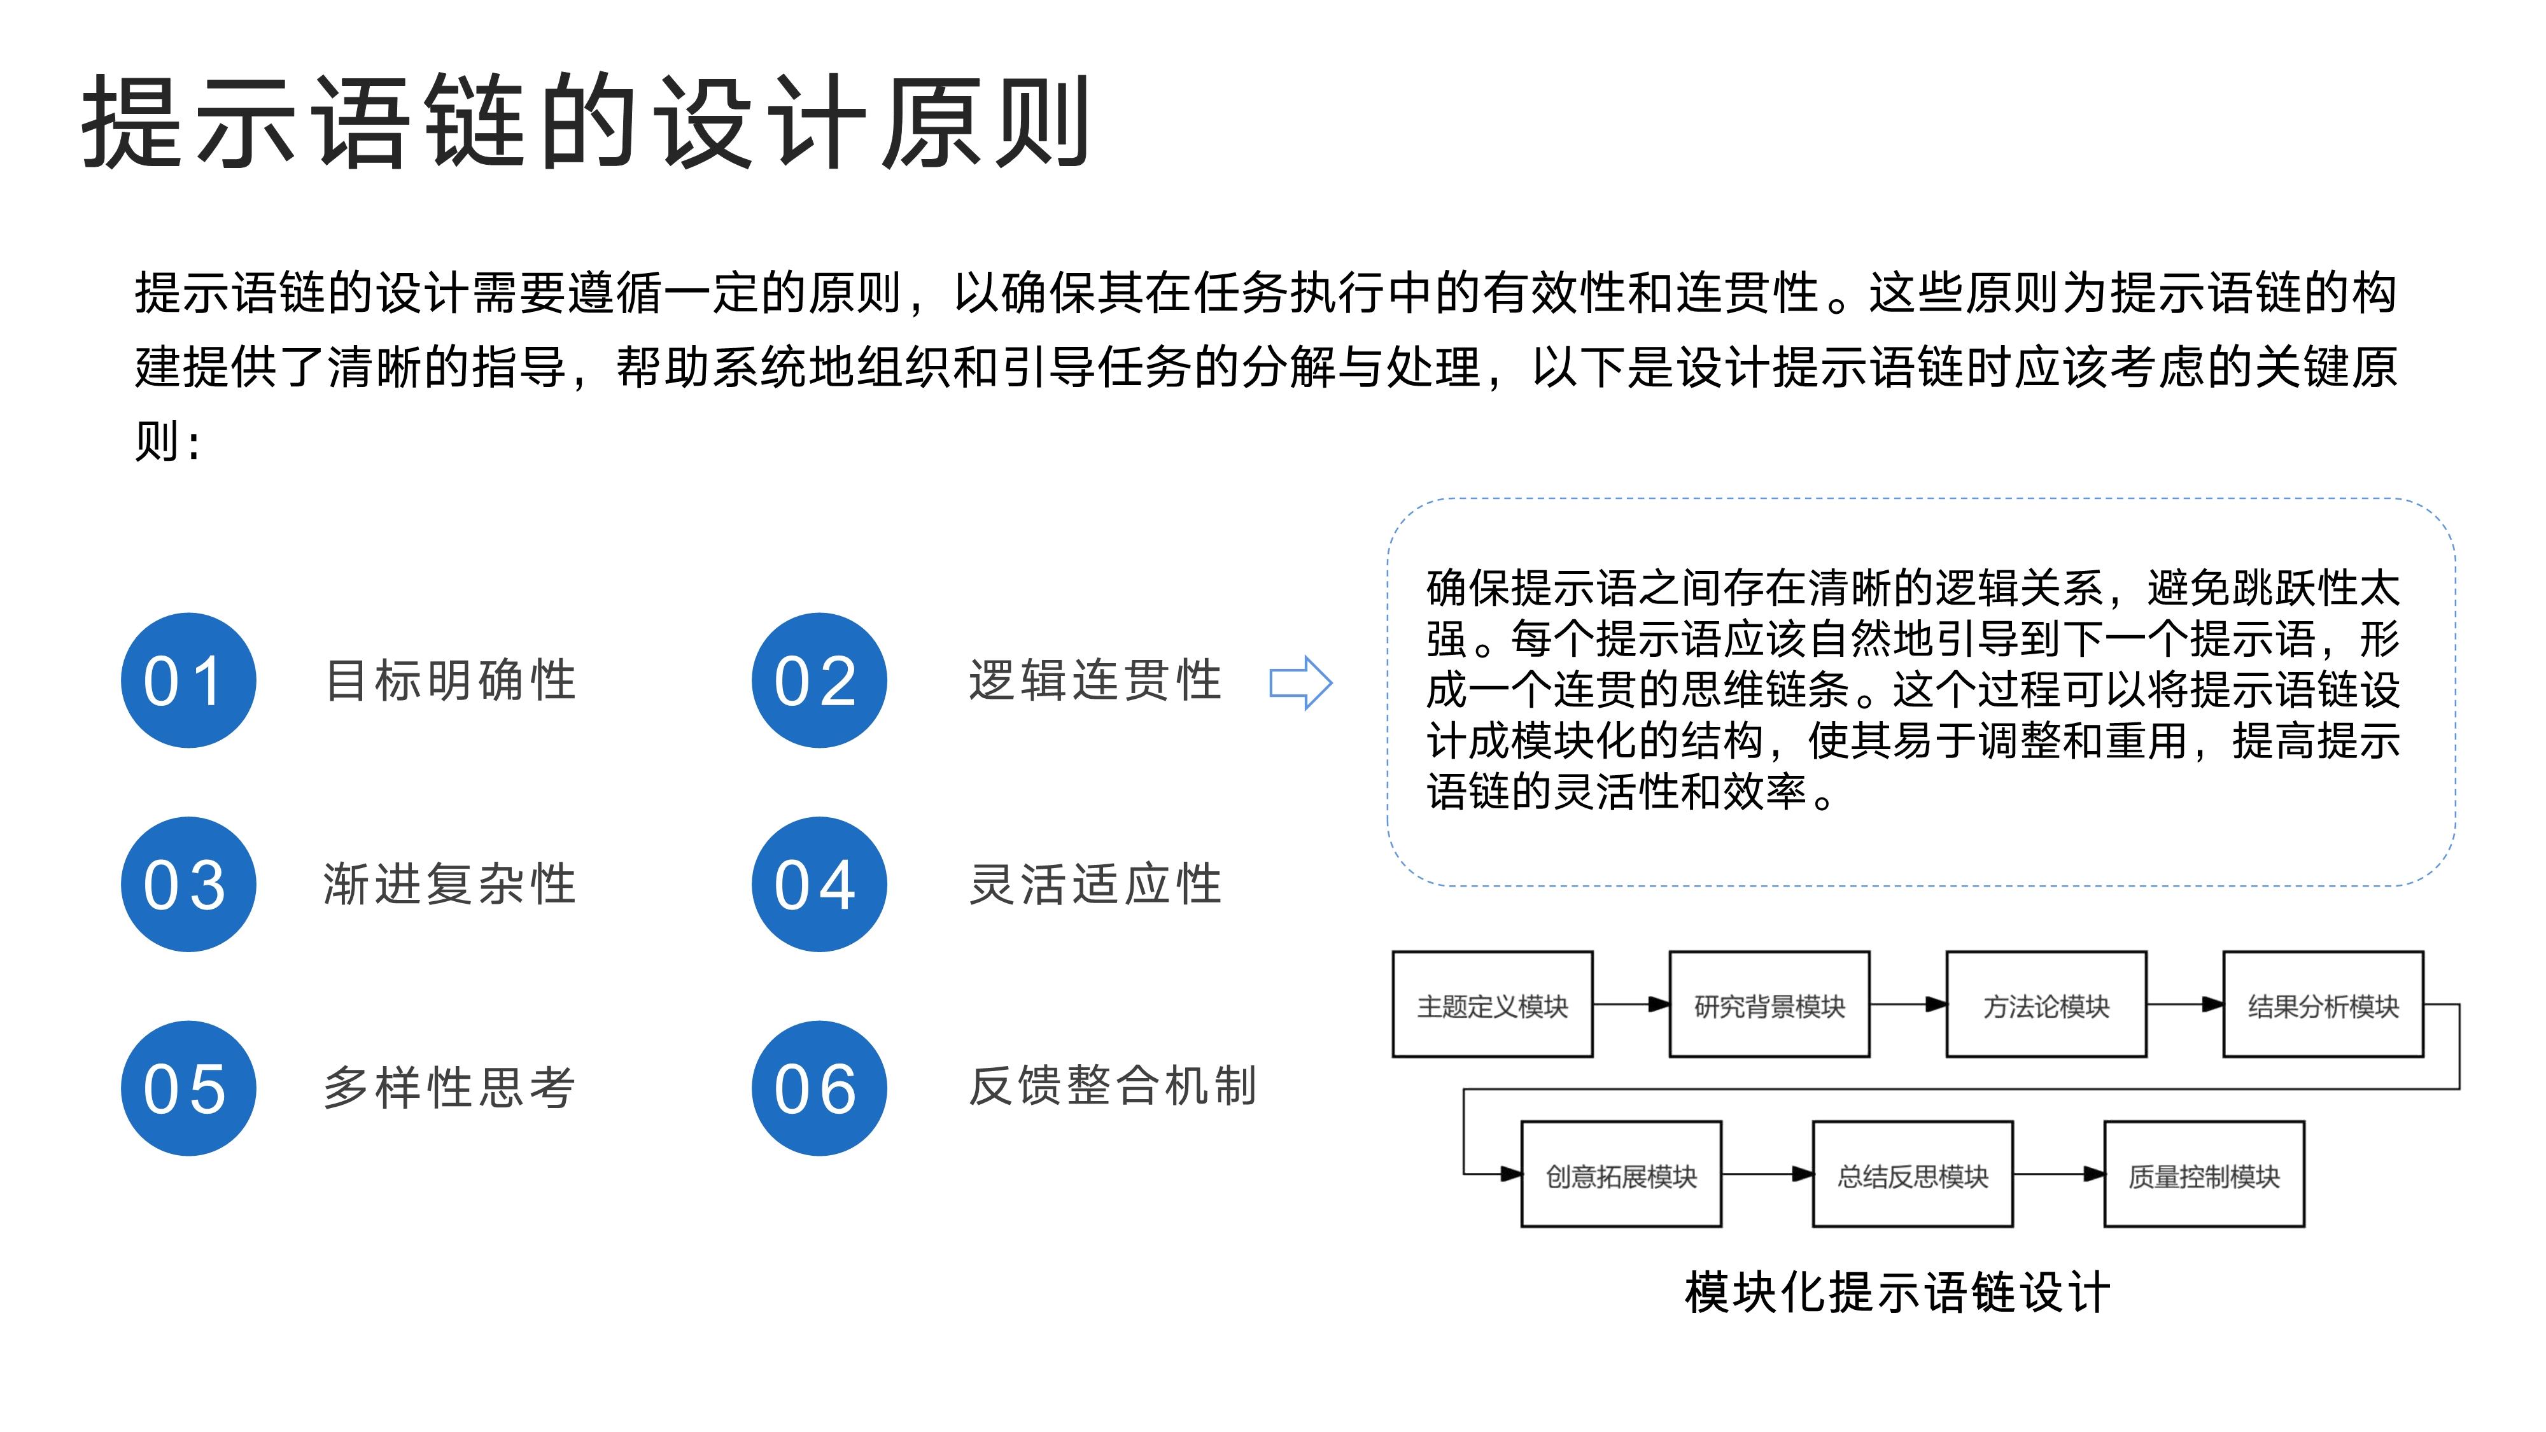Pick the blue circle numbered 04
[x=819, y=885]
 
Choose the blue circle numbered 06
[x=819, y=1088]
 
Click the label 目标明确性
[x=451, y=681]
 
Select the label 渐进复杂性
[x=450, y=885]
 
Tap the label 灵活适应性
[x=1095, y=885]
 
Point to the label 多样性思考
[x=450, y=1088]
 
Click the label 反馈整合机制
[x=1113, y=1086]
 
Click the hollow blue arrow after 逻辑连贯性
[x=1300, y=682]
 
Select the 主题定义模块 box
[x=1493, y=1004]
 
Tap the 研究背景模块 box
[x=1769, y=1004]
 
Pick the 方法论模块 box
[x=2046, y=1004]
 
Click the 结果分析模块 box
[x=2323, y=1004]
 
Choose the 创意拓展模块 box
[x=1621, y=1174]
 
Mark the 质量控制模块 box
[x=2204, y=1174]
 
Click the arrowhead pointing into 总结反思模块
[x=1803, y=1174]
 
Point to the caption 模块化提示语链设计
[x=1897, y=1293]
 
